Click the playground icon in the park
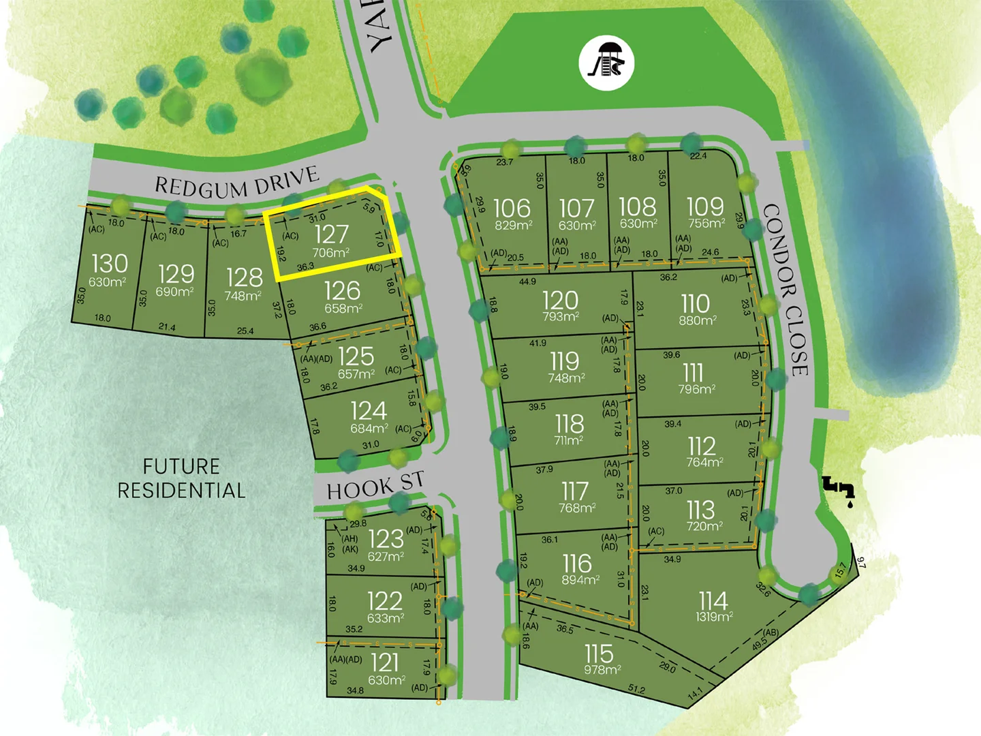coord(606,63)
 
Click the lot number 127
coord(332,234)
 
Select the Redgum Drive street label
coord(237,183)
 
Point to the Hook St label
coord(375,486)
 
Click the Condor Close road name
coord(787,290)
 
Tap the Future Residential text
coord(181,478)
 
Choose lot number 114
coord(713,600)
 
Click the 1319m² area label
coord(714,617)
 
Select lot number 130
coord(109,264)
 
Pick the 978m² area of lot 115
coord(602,670)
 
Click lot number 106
coord(512,208)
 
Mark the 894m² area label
coord(580,580)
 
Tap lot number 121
coord(385,662)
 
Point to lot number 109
coord(705,206)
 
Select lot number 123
coord(386,539)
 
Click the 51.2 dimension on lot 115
coord(636,690)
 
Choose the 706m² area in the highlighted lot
coord(331,253)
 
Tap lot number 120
coord(561,301)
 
